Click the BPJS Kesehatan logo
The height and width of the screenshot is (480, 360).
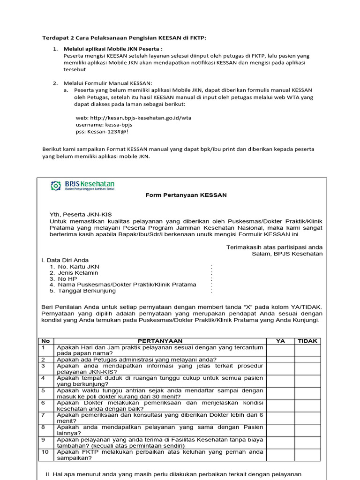(x=82, y=186)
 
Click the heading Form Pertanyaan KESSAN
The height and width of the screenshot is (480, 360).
(x=186, y=195)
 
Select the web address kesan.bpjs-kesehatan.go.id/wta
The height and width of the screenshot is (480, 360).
(x=134, y=118)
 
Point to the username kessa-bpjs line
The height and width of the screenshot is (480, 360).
(x=104, y=125)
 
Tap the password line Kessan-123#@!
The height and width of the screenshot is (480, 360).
(x=102, y=132)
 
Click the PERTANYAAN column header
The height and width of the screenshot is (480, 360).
(x=160, y=341)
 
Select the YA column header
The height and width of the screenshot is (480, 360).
(x=280, y=341)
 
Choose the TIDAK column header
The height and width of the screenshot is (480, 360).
(x=307, y=341)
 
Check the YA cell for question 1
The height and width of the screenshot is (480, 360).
(x=280, y=351)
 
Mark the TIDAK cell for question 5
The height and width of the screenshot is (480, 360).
(x=307, y=393)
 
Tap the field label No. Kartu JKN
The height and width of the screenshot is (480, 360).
(x=78, y=266)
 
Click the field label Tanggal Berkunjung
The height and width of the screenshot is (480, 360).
(x=87, y=291)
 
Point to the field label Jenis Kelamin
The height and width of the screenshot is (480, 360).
(x=78, y=272)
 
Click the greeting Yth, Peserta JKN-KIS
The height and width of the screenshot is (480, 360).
(x=81, y=214)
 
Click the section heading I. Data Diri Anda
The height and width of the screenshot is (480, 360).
(x=65, y=260)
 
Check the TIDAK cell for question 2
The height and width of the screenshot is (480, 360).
(x=307, y=360)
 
